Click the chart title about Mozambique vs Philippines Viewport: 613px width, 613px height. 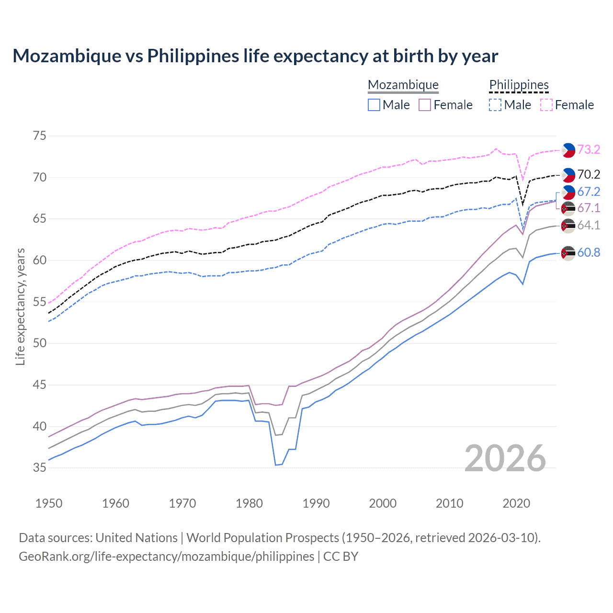tap(255, 56)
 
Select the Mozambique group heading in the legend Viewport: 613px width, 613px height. tap(403, 85)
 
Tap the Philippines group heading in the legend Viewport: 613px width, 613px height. tap(519, 85)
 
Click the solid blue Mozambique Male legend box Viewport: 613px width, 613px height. tap(374, 105)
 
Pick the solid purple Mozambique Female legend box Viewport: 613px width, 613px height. tap(425, 105)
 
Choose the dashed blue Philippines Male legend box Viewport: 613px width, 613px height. tap(495, 105)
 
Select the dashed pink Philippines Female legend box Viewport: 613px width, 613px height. tap(546, 105)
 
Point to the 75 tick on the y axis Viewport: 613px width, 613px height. tap(39, 136)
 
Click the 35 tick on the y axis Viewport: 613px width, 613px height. tap(39, 468)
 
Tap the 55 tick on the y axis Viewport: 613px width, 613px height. tap(39, 302)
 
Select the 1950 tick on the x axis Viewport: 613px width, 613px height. tap(49, 503)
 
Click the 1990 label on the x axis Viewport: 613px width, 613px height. tap(316, 503)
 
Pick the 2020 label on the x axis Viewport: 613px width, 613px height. tap(516, 503)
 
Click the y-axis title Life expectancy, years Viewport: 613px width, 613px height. tap(20, 306)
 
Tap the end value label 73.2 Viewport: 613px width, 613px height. tap(589, 150)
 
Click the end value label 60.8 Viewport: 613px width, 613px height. tap(589, 253)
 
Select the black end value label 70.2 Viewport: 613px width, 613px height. tap(589, 175)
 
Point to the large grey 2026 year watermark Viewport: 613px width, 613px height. tap(505, 458)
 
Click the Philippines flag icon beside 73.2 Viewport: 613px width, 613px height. tap(568, 150)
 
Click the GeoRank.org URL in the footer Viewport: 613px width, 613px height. tap(166, 556)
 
